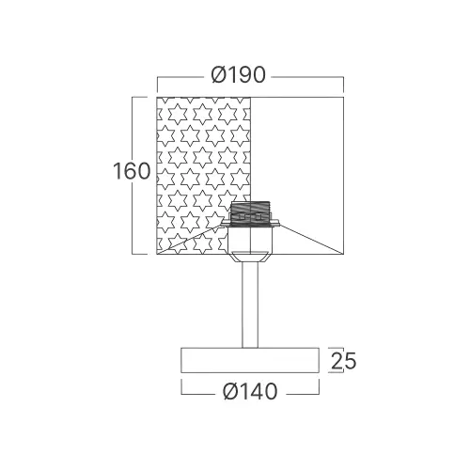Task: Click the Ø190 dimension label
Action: (x=239, y=75)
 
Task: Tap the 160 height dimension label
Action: (x=132, y=171)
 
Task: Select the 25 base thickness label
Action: (x=343, y=361)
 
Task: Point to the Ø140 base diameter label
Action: (x=250, y=392)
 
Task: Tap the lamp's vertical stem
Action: (x=250, y=305)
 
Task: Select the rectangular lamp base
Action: (x=250, y=360)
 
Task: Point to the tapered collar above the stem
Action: (x=250, y=258)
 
